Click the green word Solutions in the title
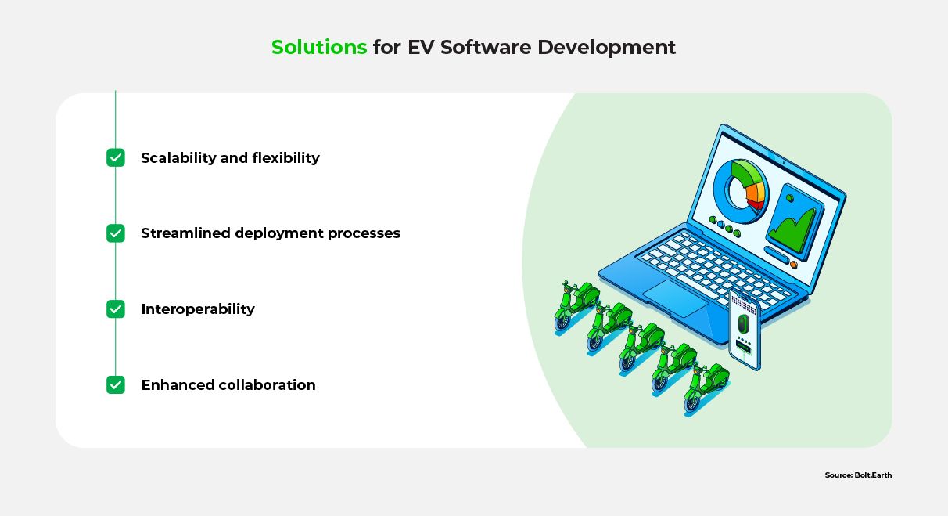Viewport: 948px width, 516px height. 319,47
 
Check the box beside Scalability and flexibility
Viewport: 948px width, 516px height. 116,157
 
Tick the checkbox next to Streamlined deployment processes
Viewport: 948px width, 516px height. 116,233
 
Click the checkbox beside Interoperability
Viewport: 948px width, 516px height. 116,309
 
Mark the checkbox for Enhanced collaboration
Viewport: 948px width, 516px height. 116,384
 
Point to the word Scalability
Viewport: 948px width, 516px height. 178,158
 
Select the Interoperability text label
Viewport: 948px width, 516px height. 198,309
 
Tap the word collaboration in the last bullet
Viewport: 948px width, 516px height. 267,385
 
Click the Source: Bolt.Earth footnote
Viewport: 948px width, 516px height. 858,475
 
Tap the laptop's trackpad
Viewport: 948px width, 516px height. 674,298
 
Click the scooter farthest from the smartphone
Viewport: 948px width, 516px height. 576,305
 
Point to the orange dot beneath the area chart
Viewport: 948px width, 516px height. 793,265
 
